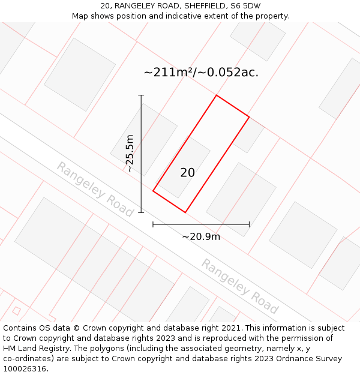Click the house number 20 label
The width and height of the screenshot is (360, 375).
pyautogui.click(x=187, y=173)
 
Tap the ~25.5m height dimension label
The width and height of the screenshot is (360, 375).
pyautogui.click(x=130, y=154)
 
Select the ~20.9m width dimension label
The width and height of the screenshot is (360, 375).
pyautogui.click(x=201, y=236)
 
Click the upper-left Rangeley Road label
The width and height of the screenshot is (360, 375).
pyautogui.click(x=95, y=189)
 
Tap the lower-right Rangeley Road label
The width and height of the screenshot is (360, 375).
pyautogui.click(x=239, y=286)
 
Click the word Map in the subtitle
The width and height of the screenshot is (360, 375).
pyautogui.click(x=80, y=16)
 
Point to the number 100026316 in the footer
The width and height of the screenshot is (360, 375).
pyautogui.click(x=25, y=368)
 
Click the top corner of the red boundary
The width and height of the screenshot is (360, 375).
pyautogui.click(x=216, y=95)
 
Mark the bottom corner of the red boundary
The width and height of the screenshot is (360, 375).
pyautogui.click(x=185, y=212)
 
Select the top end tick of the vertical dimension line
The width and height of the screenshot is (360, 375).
pyautogui.click(x=141, y=95)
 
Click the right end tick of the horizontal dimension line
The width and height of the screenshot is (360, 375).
pyautogui.click(x=249, y=224)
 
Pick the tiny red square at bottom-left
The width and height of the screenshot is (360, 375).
pyautogui.click(x=16, y=311)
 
